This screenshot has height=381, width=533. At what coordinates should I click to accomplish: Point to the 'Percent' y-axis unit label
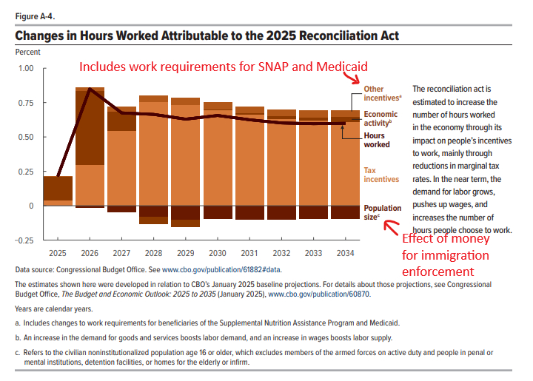point(28,52)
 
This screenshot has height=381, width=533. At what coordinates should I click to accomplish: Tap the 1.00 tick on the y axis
point(26,68)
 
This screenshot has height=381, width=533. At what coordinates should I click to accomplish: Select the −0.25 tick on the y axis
point(24,240)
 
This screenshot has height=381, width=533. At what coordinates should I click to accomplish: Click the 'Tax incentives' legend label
point(381,175)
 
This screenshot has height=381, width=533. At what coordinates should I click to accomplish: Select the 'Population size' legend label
point(382,212)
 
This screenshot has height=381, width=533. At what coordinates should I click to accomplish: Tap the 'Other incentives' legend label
point(383,94)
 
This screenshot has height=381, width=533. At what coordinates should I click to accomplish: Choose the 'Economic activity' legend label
point(381,119)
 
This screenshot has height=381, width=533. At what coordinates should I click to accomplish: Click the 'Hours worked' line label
point(378,141)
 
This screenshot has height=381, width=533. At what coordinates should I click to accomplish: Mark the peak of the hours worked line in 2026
point(90,89)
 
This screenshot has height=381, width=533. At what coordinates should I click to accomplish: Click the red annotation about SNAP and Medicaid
point(223,67)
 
